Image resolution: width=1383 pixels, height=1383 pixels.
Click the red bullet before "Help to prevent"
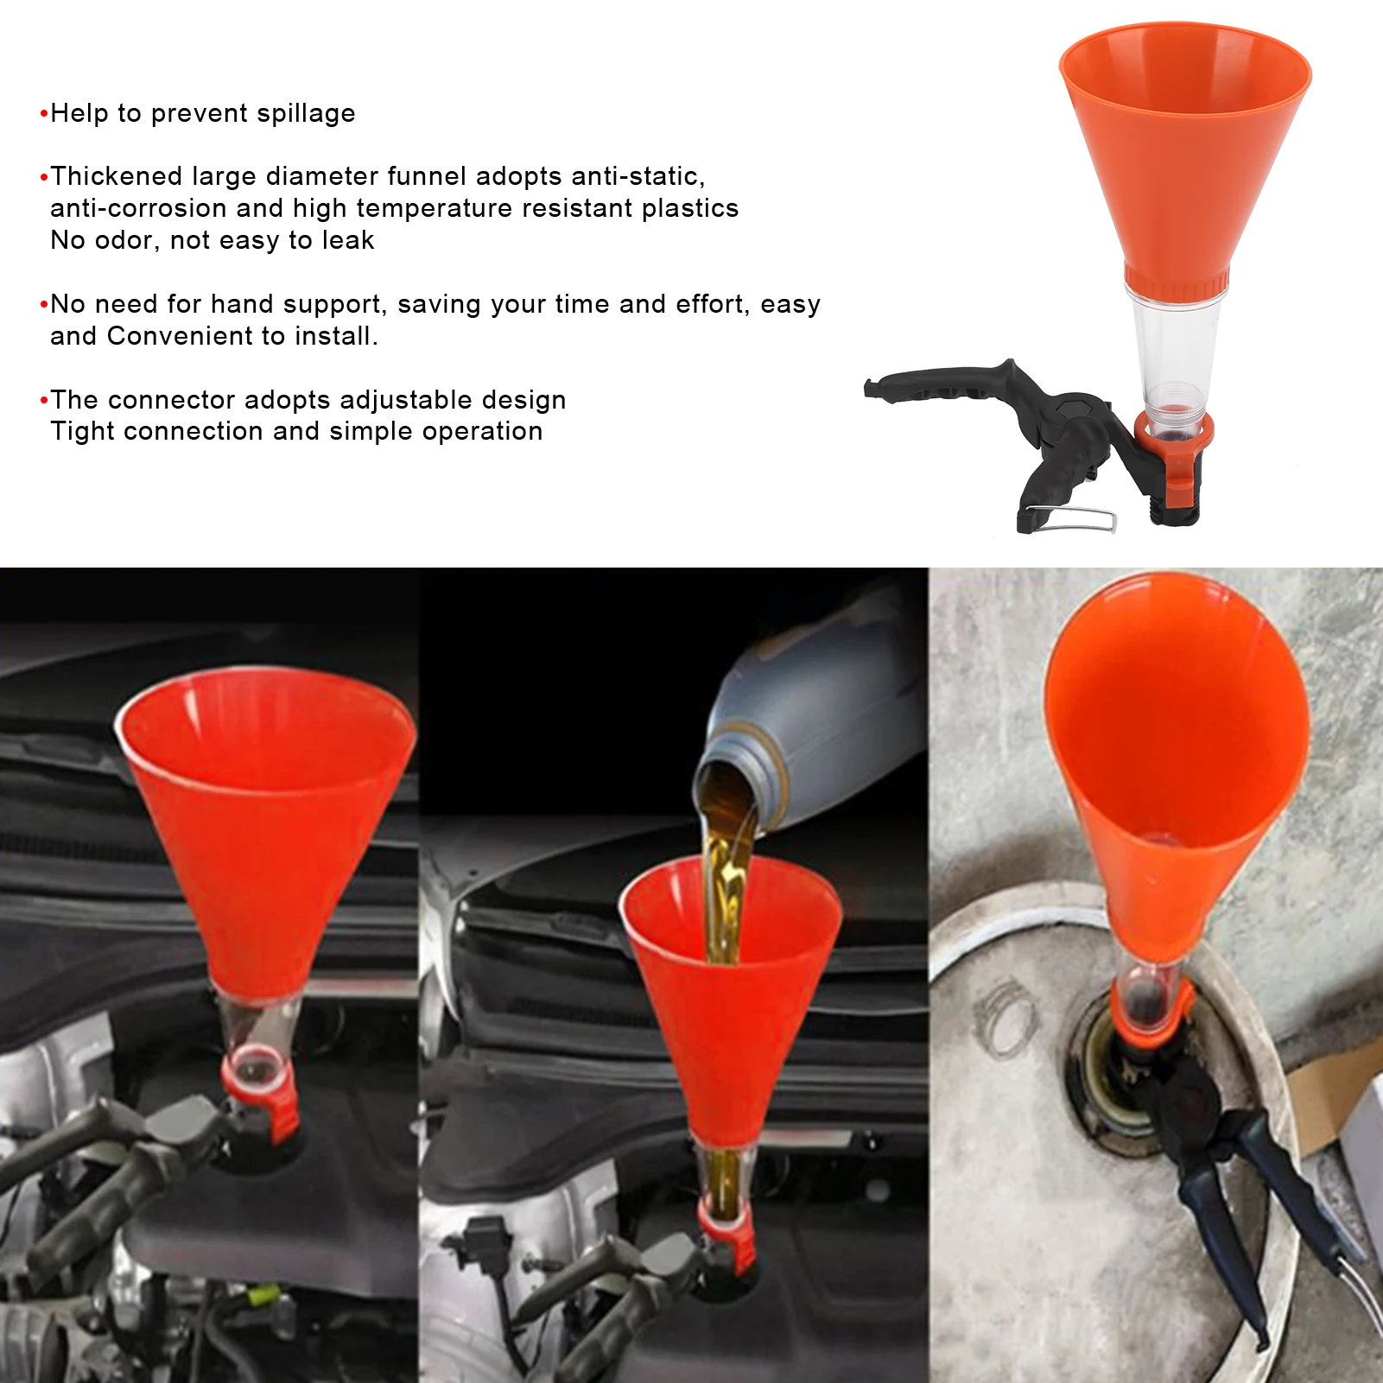tap(43, 114)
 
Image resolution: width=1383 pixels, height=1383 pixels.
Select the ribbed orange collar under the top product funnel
tap(1177, 283)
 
